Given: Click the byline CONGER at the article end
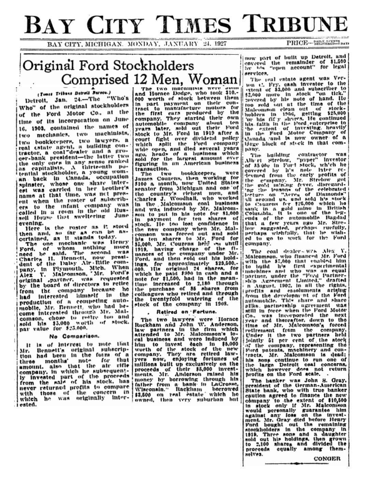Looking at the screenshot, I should [327, 458].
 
